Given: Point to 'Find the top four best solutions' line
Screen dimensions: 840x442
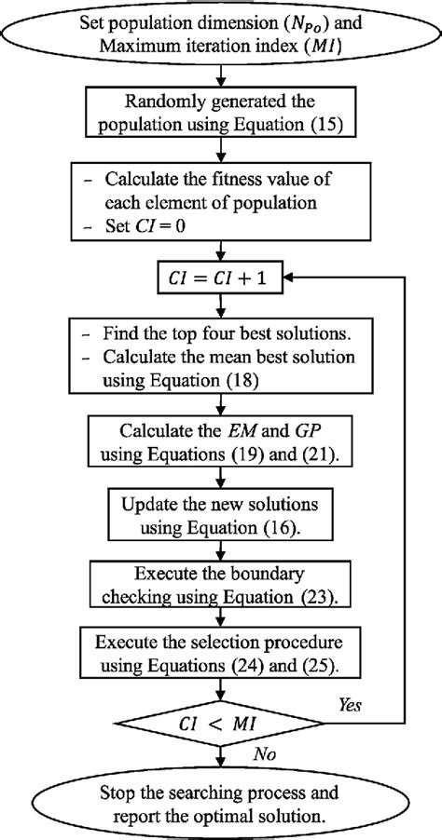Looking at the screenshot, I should click(220, 331).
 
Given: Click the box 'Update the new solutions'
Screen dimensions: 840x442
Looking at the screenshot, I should click(220, 515).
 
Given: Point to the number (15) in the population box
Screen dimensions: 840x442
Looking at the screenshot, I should click(301, 127).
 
